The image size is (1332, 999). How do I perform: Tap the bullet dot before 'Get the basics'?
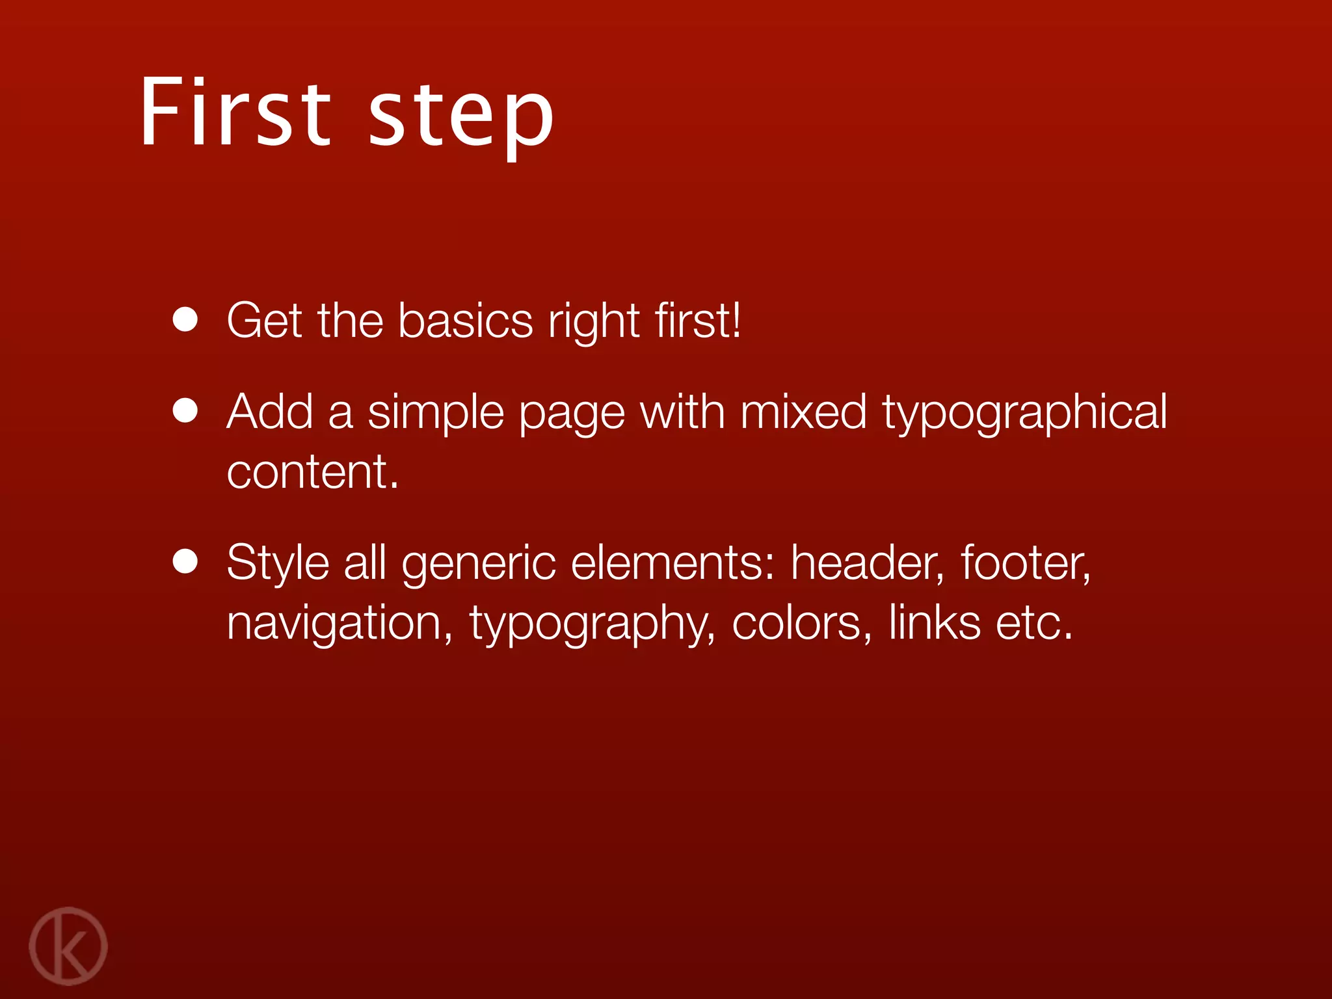pyautogui.click(x=185, y=320)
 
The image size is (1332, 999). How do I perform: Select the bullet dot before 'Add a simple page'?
pyautogui.click(x=185, y=411)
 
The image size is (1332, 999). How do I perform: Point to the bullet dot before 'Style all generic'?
pyautogui.click(x=185, y=562)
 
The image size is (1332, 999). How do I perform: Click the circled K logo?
pyautogui.click(x=68, y=946)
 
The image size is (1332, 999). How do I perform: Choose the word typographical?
pyautogui.click(x=1024, y=414)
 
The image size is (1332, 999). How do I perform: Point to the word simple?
pyautogui.click(x=436, y=414)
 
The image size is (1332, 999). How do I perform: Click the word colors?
pyautogui.click(x=802, y=623)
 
